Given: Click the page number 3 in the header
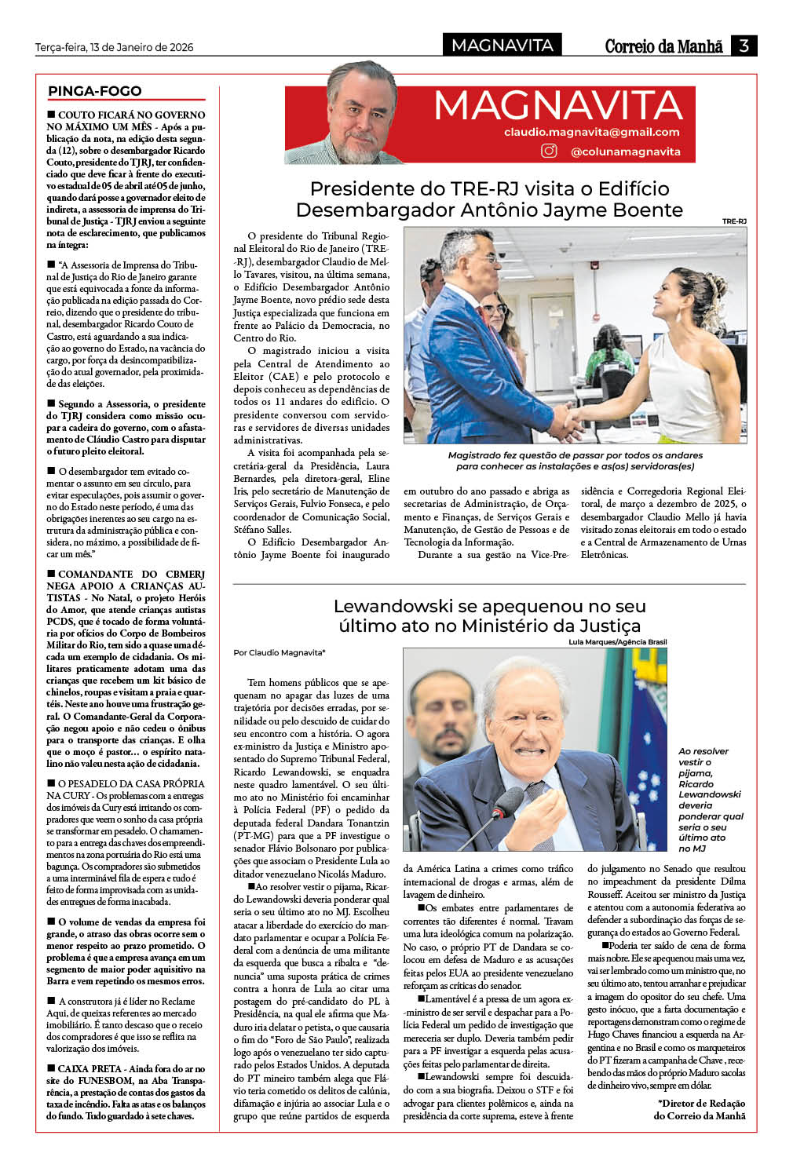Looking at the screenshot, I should point(743,46).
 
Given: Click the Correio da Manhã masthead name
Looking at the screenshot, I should point(663,46).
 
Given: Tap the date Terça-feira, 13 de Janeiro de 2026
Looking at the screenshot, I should point(114,47).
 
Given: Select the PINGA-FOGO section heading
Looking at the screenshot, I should point(95,91).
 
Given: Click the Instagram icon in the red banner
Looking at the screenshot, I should point(549,151).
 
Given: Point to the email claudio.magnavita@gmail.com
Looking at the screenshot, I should point(591,132).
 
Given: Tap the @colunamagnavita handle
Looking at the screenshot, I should point(625,151).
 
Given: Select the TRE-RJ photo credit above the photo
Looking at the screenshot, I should point(734,221).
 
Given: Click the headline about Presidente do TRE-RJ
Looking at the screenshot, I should point(489,199).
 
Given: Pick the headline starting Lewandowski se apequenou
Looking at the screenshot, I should point(489,616).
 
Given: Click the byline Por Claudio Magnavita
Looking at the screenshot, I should point(279,652).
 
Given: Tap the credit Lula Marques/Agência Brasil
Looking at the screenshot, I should point(617,642).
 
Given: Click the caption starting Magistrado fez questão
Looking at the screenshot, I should point(575,461).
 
